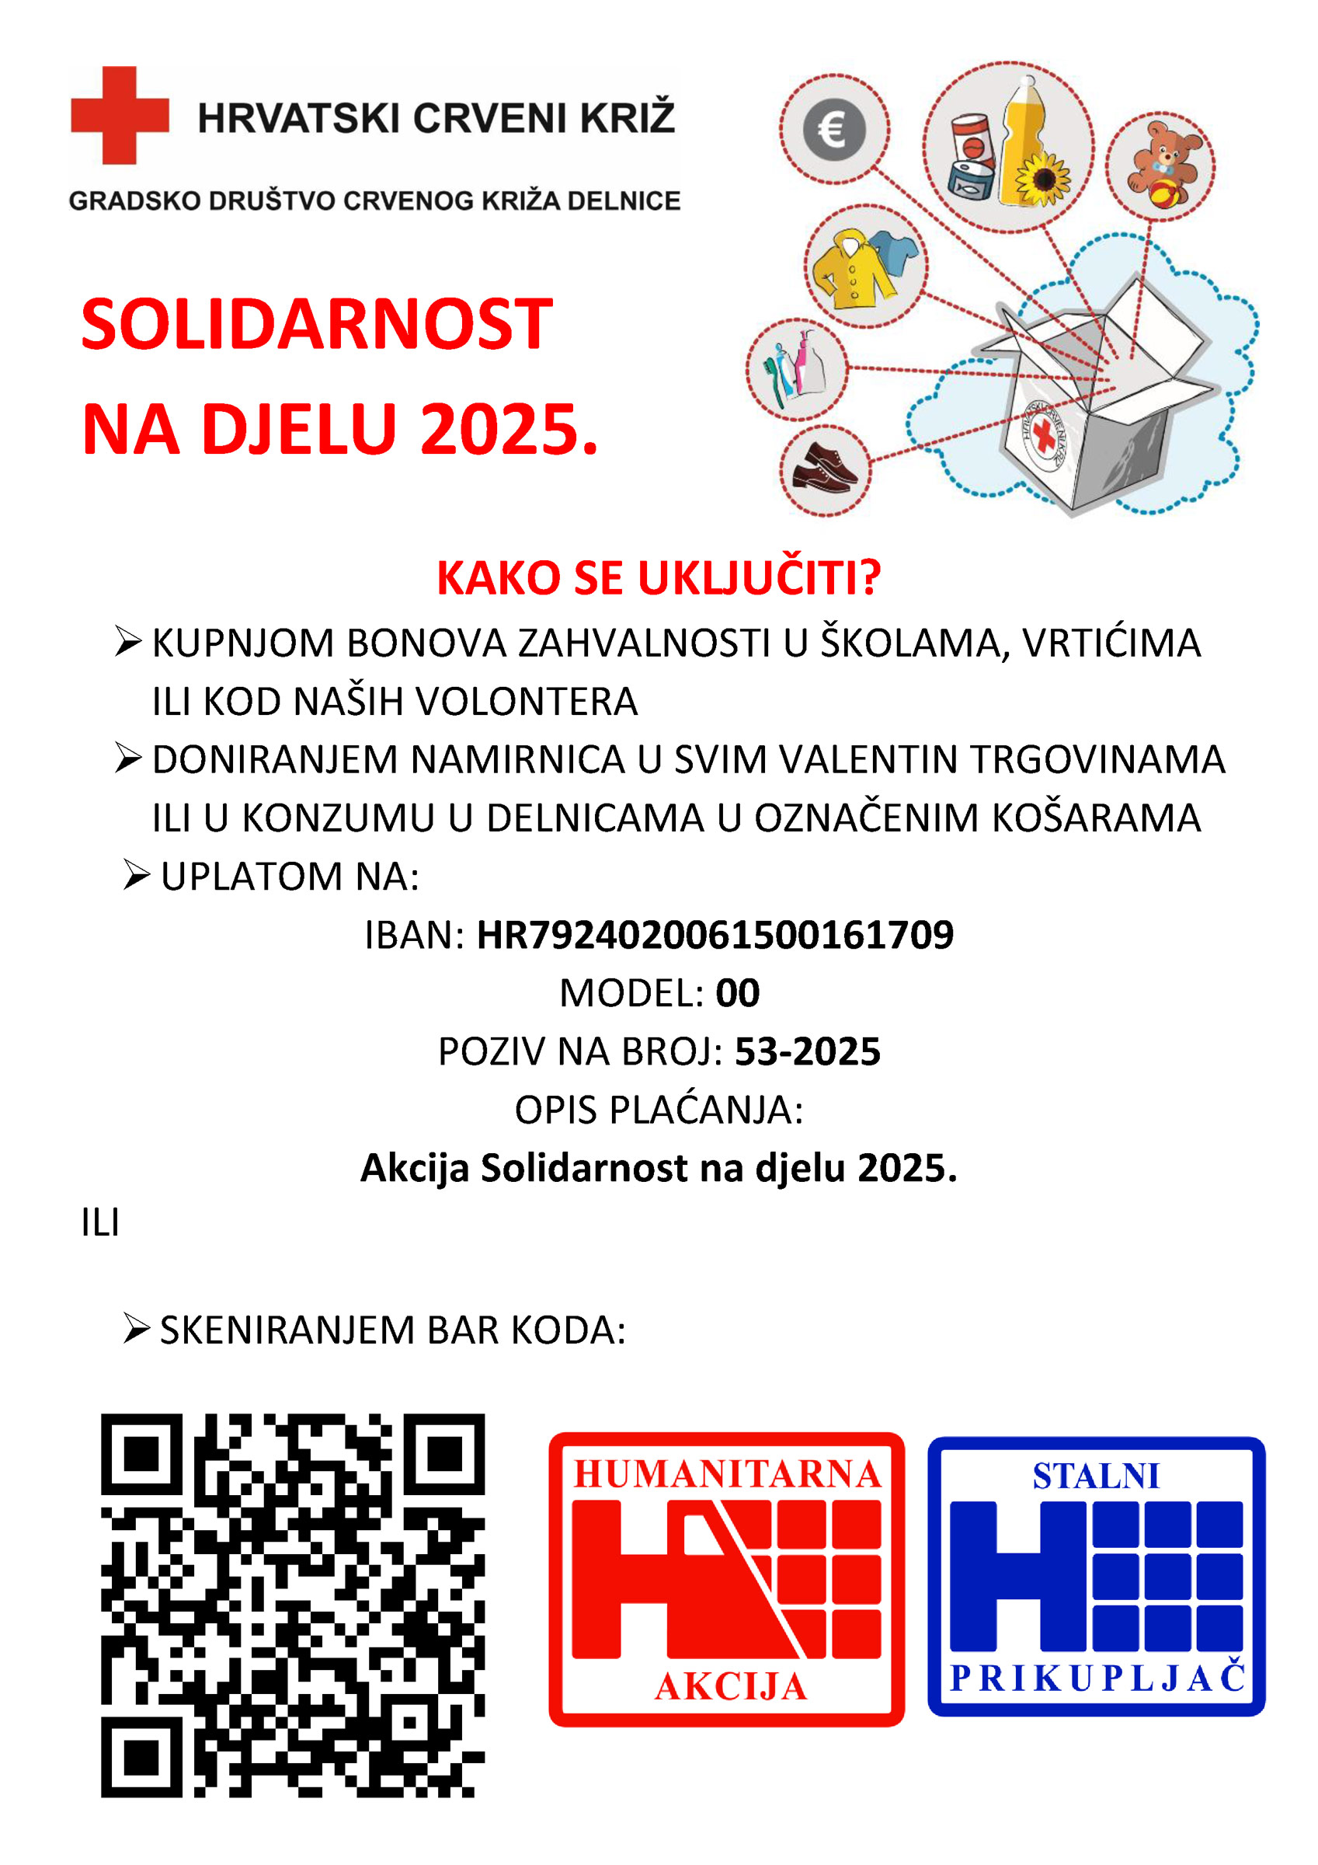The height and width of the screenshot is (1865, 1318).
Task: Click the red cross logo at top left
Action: [120, 114]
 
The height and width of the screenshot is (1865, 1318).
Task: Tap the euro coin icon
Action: [834, 129]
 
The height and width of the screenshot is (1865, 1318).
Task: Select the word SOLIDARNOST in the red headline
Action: [317, 324]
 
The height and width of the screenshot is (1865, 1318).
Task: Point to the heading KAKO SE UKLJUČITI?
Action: [659, 577]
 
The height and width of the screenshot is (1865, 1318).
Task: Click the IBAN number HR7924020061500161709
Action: [715, 935]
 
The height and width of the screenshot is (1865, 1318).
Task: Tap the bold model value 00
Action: [737, 992]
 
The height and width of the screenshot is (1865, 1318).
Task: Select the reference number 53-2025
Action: [807, 1051]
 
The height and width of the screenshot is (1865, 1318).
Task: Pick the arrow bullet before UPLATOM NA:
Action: [137, 876]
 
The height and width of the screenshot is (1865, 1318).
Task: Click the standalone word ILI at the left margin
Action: [101, 1222]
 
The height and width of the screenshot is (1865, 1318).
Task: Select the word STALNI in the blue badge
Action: [1096, 1476]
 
